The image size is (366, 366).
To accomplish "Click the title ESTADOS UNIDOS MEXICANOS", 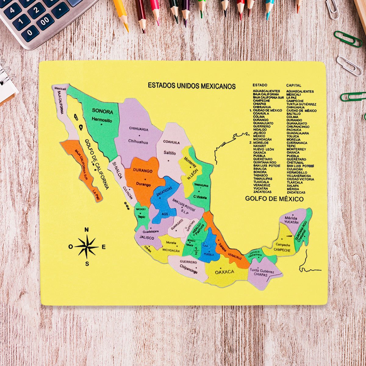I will pyautogui.click(x=192, y=86).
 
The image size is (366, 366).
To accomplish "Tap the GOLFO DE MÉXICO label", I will pyautogui.click(x=274, y=199).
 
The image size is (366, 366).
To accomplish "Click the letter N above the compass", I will pyautogui.click(x=87, y=230).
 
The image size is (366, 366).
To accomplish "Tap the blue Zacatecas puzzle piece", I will pyautogui.click(x=163, y=198).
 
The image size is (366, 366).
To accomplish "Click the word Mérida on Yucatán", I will pyautogui.click(x=290, y=218).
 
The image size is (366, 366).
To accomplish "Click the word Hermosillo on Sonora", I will pyautogui.click(x=102, y=120).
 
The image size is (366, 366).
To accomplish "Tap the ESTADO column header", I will pyautogui.click(x=260, y=85).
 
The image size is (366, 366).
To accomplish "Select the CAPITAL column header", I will pyautogui.click(x=293, y=85).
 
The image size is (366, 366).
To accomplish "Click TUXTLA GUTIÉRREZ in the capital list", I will pyautogui.click(x=301, y=104).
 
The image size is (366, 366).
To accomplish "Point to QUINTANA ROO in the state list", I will pyautogui.click(x=264, y=163).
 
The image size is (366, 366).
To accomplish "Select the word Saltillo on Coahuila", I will pyautogui.click(x=170, y=153).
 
